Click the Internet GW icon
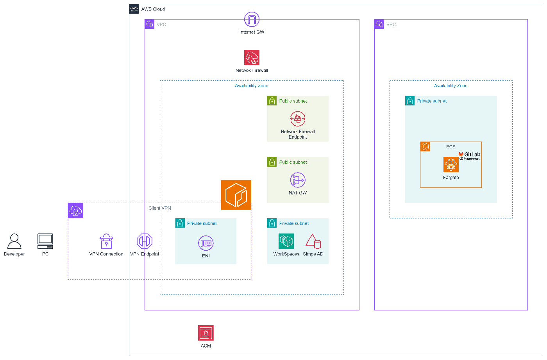(x=252, y=20)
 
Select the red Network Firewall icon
(x=252, y=58)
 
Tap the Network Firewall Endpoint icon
(x=298, y=119)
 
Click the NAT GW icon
(x=298, y=180)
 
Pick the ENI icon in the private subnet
(x=206, y=243)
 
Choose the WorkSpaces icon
(x=286, y=241)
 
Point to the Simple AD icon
(x=313, y=241)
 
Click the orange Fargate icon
(x=451, y=165)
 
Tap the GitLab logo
(x=469, y=154)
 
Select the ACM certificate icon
(x=206, y=333)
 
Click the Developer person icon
(x=14, y=241)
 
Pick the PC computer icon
(x=45, y=241)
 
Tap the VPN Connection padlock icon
(x=106, y=241)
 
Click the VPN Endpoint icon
(x=145, y=241)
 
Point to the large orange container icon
(x=236, y=195)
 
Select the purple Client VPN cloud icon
(x=75, y=211)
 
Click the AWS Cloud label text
(x=153, y=9)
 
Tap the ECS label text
(x=451, y=147)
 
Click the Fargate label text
(x=451, y=178)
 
